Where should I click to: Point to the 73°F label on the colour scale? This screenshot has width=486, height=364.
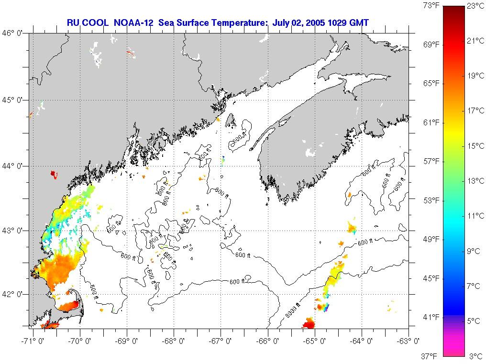point(431,6)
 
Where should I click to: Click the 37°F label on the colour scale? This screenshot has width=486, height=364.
point(431,356)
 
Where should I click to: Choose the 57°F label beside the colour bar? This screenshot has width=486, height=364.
point(431,161)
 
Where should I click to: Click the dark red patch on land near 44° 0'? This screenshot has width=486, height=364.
point(54,174)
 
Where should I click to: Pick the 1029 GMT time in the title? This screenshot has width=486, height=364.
point(349,22)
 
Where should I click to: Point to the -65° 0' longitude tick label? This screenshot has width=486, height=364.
point(315,341)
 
